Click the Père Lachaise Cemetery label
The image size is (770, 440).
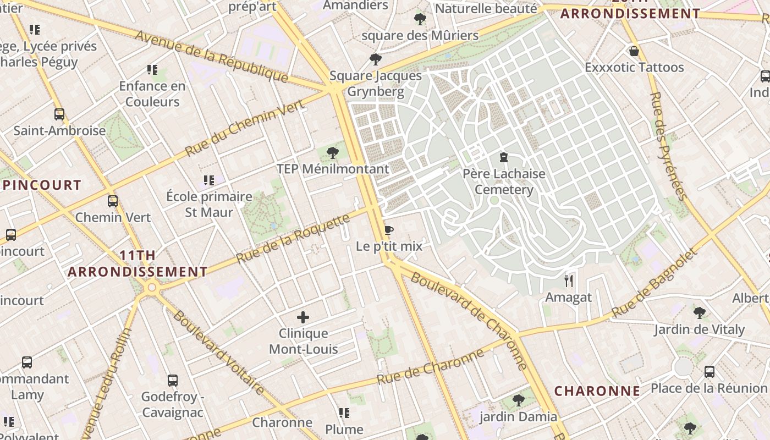[x=504, y=182]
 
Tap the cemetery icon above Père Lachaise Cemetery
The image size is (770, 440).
[x=503, y=158]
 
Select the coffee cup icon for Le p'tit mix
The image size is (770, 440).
[x=389, y=230]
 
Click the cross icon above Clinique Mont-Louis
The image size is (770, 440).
[x=303, y=317]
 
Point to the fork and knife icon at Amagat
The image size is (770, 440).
[x=569, y=281]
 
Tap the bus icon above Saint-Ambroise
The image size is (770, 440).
[x=59, y=114]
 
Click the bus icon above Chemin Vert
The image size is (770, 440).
[x=113, y=201]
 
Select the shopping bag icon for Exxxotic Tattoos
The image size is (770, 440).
[x=634, y=52]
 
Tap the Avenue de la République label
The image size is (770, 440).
[x=212, y=56]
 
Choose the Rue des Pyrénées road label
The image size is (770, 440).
[x=668, y=146]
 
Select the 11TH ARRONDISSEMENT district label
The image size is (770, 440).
[x=137, y=263]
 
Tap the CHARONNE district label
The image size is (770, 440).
[x=597, y=391]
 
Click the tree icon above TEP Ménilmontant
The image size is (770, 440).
[x=332, y=153]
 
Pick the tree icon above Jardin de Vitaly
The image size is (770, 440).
[x=699, y=313]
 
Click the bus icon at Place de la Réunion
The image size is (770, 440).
[x=710, y=372]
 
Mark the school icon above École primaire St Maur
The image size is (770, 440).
[x=208, y=180]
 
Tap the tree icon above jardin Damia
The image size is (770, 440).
[x=518, y=400]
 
